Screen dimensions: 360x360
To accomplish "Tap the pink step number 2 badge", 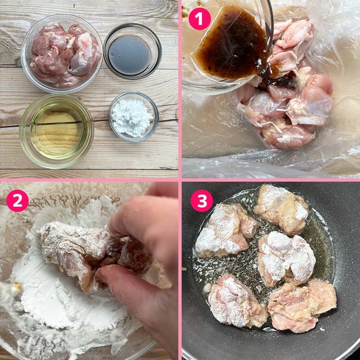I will click(17, 201).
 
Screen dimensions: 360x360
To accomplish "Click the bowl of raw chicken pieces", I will click(61, 53).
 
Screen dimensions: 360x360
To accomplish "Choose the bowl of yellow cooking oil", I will click(56, 130).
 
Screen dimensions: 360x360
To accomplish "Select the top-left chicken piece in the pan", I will click(225, 229).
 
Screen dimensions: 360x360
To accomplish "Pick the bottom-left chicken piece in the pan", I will click(237, 301).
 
